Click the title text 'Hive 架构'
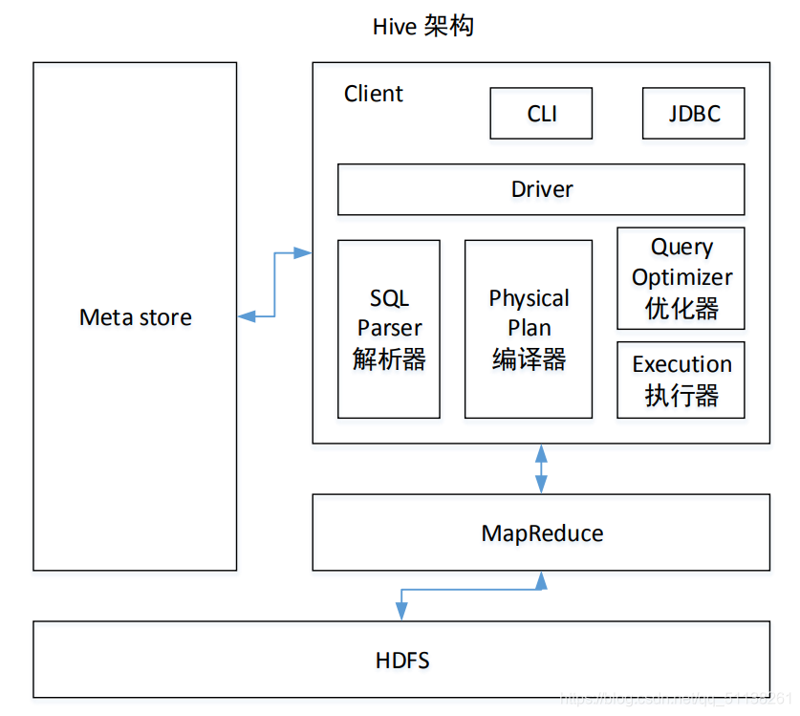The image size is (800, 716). click(x=422, y=26)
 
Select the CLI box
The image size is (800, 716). click(x=541, y=114)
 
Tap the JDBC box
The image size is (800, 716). click(x=693, y=114)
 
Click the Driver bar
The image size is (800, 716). click(x=541, y=189)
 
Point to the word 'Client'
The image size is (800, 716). click(x=373, y=94)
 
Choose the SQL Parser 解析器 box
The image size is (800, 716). click(x=389, y=329)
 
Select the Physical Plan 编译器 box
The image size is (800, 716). click(x=529, y=329)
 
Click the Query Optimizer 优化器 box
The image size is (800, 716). click(x=681, y=278)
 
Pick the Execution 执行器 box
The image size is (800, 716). click(x=681, y=380)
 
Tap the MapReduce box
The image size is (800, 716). click(x=541, y=532)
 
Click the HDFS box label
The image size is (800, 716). click(x=401, y=660)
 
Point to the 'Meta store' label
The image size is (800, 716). click(x=135, y=317)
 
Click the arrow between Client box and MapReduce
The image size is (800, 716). click(x=542, y=468)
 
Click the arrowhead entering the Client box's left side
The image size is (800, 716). click(x=303, y=253)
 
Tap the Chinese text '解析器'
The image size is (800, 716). click(x=389, y=359)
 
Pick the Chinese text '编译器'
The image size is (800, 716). click(x=529, y=359)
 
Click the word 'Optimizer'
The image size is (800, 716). click(x=681, y=277)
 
